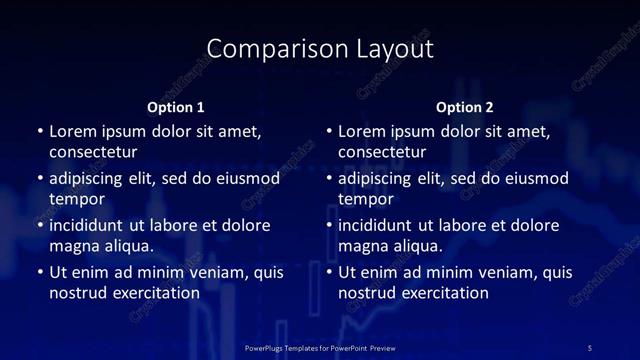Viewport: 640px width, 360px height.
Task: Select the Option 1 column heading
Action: (176, 107)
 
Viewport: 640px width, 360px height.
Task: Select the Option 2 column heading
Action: (465, 107)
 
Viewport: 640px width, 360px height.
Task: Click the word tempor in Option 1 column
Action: (77, 199)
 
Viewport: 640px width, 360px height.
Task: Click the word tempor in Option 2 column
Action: (366, 199)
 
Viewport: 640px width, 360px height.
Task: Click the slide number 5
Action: (590, 347)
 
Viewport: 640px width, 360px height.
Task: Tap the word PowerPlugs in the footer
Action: (266, 347)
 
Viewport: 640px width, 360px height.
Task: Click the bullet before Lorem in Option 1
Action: (40, 132)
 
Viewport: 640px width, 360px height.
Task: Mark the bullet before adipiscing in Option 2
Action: (329, 179)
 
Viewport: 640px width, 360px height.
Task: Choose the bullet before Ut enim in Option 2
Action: (329, 272)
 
